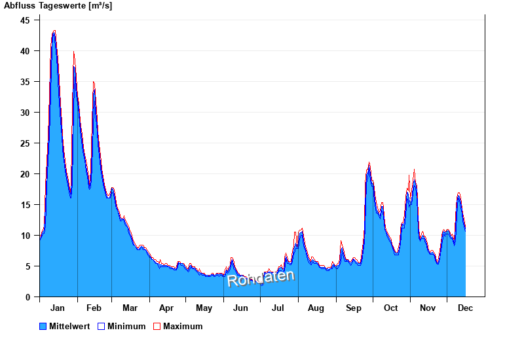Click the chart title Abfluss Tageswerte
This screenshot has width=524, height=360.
click(58, 6)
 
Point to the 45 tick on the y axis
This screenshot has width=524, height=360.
click(26, 20)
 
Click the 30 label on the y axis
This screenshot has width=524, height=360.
click(26, 113)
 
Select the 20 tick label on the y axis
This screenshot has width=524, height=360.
click(26, 174)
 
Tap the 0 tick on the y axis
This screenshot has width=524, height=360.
click(28, 297)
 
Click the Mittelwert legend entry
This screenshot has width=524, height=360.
click(68, 327)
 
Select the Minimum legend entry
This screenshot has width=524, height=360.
click(126, 327)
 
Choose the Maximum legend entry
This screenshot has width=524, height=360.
click(183, 327)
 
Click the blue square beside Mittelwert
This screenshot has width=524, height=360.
click(43, 327)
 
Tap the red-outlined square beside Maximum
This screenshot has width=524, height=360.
click(157, 327)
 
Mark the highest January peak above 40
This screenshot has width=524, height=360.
click(54, 31)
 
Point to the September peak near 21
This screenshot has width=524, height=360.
click(369, 164)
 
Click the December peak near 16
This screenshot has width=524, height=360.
click(459, 194)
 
